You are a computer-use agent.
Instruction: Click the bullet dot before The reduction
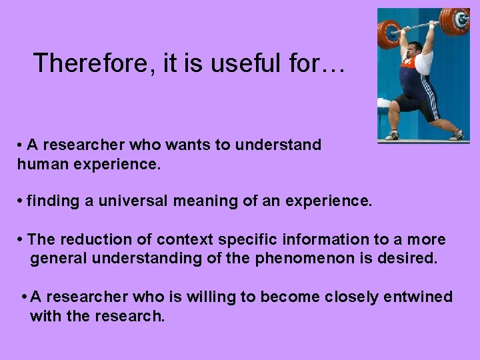click(23, 239)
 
